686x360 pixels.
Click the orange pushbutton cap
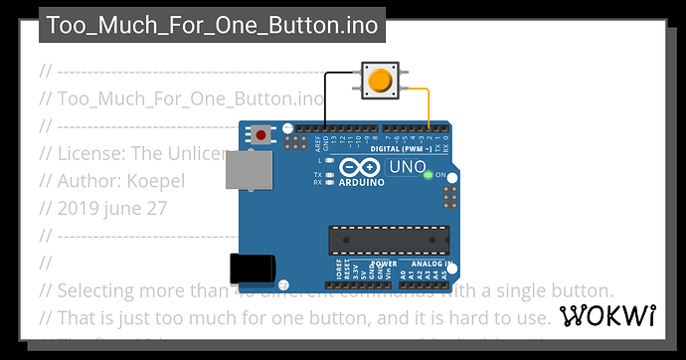[379, 80]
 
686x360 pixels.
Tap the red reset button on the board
[261, 134]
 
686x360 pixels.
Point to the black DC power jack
[250, 269]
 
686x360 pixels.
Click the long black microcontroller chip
[383, 239]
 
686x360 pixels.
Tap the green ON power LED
[428, 175]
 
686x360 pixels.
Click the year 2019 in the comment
[81, 209]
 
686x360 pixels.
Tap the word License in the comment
[89, 153]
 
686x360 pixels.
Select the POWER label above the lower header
[355, 265]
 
